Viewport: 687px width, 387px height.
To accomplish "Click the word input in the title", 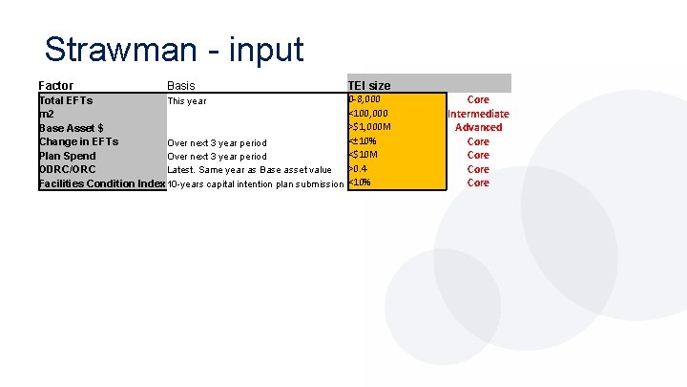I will [x=264, y=49].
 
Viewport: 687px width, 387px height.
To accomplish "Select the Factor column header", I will [x=56, y=85].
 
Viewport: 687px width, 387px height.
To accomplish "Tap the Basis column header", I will [x=181, y=85].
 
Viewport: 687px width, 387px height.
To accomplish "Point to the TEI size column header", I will [x=368, y=85].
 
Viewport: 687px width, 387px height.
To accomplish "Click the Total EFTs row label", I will [x=66, y=99].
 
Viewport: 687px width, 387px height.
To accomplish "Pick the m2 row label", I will [x=47, y=114].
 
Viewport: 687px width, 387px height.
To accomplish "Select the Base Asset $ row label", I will [x=72, y=127].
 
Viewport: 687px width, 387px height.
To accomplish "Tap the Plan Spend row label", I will [x=68, y=156].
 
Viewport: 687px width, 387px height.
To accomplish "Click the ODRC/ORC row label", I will [x=68, y=169].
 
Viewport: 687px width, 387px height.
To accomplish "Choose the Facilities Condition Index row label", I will [x=102, y=183].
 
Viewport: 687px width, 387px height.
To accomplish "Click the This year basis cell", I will [x=187, y=100].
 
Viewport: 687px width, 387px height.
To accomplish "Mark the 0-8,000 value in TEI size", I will [x=364, y=99].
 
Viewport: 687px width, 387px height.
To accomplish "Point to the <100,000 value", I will [x=369, y=114].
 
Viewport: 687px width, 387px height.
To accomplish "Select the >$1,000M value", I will [x=371, y=127].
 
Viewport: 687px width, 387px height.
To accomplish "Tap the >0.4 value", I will [x=359, y=169].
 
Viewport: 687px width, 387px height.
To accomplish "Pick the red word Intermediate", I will [x=478, y=114].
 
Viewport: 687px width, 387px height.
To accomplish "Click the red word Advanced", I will [x=478, y=127].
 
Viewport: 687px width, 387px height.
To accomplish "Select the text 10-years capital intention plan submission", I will [x=256, y=183].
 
